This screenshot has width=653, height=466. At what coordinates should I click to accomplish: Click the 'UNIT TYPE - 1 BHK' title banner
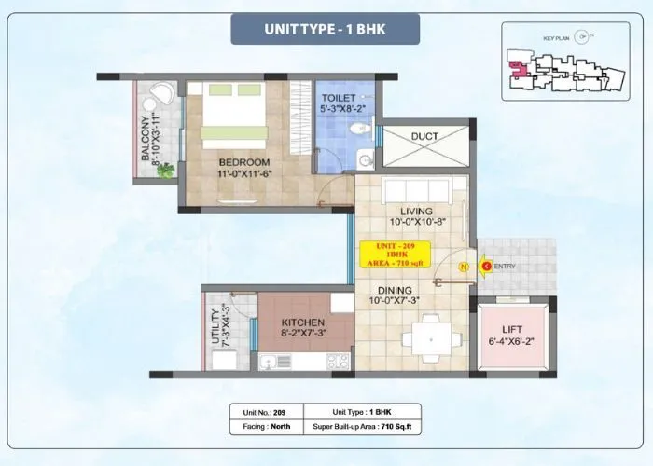[326, 29]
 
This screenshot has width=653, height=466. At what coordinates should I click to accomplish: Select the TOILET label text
[339, 97]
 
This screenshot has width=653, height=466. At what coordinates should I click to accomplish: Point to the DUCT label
[424, 137]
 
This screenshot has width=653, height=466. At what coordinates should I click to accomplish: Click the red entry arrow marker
[486, 265]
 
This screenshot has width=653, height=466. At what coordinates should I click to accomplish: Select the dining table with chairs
[431, 330]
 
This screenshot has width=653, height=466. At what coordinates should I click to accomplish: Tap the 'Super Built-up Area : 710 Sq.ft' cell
[363, 426]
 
